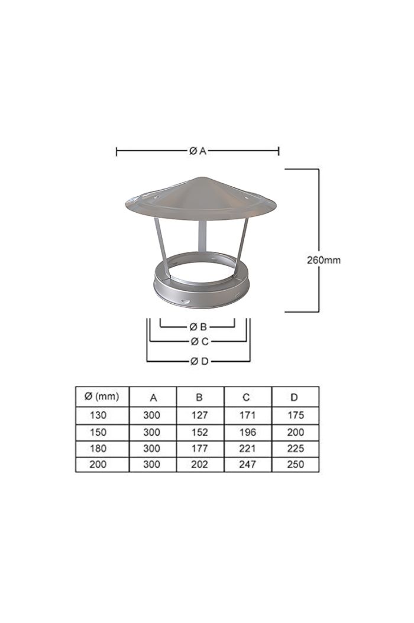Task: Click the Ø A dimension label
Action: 198,151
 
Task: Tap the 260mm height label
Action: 324,259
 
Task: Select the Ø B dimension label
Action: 198,326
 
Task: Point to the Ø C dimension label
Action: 198,341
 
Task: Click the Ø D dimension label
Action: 198,361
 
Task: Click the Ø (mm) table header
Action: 102,397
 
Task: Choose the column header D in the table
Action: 295,397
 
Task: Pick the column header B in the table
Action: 200,397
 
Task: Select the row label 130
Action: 98,416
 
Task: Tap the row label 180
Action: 98,448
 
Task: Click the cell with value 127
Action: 200,416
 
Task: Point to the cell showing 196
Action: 247,432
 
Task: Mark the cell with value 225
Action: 295,448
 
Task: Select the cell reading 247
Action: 247,465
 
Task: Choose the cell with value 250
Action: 295,465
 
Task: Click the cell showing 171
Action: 247,416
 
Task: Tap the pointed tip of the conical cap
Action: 200,177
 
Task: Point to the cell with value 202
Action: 200,465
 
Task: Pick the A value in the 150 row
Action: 152,432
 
